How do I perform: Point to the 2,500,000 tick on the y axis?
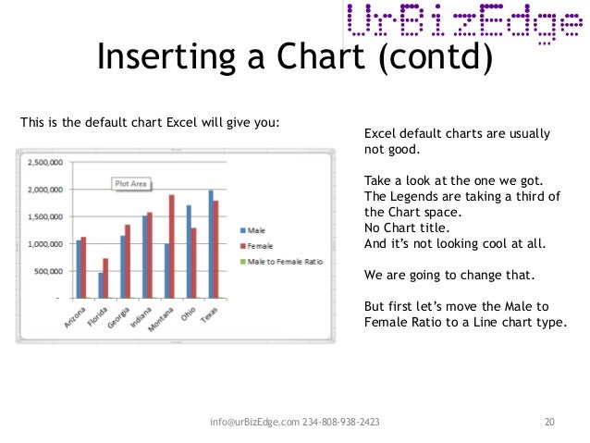coord(44,162)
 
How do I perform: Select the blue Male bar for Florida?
coord(100,285)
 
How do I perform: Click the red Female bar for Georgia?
coord(127,261)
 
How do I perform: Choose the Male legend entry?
coord(255,230)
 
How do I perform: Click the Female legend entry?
coord(259,246)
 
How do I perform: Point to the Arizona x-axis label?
coord(76,315)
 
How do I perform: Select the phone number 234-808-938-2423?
coord(341,423)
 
